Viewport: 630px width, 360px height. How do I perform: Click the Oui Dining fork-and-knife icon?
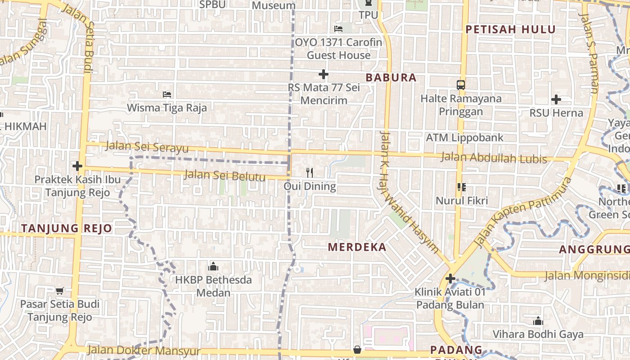[310, 172]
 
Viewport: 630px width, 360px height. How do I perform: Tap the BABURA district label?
[391, 78]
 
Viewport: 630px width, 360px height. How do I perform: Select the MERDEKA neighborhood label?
[357, 247]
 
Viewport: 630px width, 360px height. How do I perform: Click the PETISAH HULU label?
[510, 30]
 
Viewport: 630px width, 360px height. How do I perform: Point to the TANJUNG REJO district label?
[66, 228]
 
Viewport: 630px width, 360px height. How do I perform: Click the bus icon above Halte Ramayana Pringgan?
[460, 85]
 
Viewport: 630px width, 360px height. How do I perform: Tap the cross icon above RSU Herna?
[556, 99]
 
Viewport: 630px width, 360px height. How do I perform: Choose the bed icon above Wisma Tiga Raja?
[167, 94]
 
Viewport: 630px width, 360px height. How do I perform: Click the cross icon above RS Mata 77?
[323, 74]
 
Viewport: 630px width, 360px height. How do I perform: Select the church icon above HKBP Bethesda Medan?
[213, 266]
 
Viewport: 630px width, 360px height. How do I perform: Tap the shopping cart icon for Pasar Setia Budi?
[59, 291]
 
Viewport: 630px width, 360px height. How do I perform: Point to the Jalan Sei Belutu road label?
[225, 175]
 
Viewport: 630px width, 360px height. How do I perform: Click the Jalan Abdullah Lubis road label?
[494, 158]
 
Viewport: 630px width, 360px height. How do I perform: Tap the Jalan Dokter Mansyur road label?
[144, 351]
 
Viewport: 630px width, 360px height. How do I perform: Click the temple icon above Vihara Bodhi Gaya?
[538, 321]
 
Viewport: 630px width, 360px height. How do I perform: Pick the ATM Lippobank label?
[464, 138]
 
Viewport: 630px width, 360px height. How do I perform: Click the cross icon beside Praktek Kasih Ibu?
[77, 166]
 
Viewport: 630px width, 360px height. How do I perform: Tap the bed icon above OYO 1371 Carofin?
[338, 29]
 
